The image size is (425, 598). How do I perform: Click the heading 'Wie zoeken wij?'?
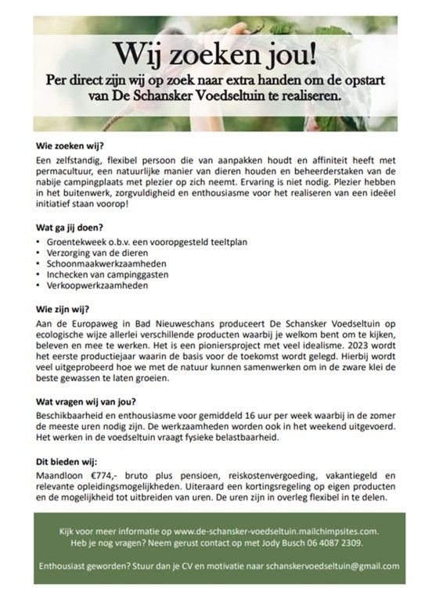pos(71,145)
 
